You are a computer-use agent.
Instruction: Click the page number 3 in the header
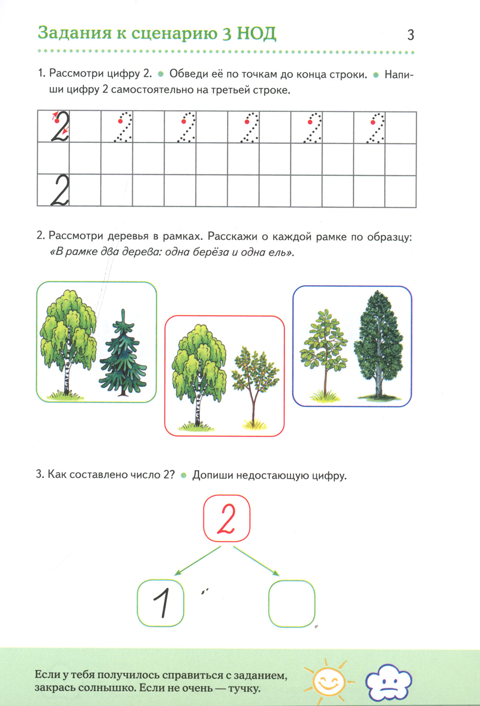(x=410, y=35)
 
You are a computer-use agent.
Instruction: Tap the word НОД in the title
(x=256, y=34)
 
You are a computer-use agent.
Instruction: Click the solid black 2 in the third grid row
(x=60, y=190)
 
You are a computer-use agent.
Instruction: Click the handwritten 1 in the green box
(x=162, y=603)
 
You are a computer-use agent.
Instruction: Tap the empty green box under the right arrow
(x=292, y=603)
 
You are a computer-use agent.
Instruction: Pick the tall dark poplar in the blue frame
(x=379, y=345)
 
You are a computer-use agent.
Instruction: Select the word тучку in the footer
(x=244, y=688)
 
